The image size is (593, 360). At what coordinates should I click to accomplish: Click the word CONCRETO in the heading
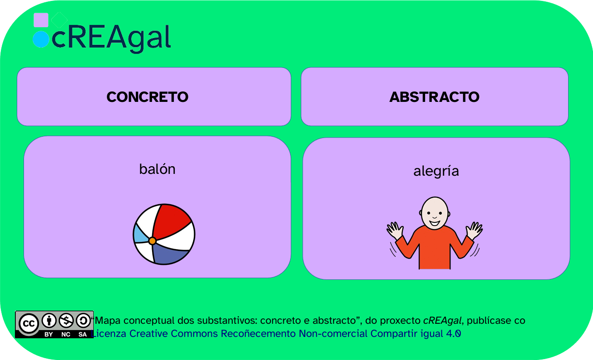click(148, 97)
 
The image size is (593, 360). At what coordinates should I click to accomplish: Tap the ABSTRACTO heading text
click(435, 97)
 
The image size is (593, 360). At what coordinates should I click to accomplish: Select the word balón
click(157, 169)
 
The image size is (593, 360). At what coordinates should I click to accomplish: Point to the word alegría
click(436, 171)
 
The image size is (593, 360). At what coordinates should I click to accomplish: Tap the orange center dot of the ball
click(152, 241)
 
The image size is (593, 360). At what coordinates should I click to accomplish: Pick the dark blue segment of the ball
click(169, 254)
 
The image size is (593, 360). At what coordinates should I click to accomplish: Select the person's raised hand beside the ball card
click(395, 230)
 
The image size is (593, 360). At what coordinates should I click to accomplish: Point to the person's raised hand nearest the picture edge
click(474, 230)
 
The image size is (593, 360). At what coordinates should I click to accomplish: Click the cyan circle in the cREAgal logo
click(41, 39)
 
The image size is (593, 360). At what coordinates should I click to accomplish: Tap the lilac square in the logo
click(41, 20)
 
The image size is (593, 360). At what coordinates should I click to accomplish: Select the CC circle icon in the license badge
click(29, 323)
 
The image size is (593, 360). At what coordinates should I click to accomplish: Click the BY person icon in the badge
click(49, 321)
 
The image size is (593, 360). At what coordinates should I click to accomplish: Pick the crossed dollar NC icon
click(66, 321)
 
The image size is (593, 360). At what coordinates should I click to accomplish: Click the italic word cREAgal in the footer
click(442, 321)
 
